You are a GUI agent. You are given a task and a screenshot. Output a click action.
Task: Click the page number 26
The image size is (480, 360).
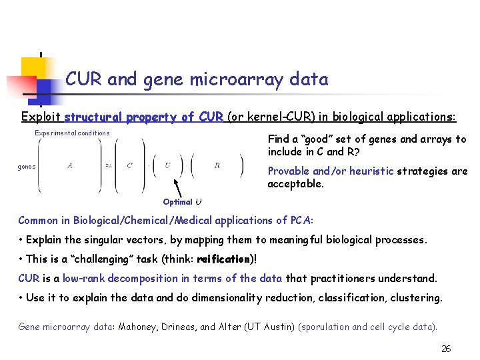click(x=446, y=349)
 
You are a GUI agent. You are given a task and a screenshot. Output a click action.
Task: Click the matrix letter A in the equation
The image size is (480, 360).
click(x=70, y=166)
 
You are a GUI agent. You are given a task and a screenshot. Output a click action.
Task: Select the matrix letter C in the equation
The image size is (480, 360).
click(x=129, y=166)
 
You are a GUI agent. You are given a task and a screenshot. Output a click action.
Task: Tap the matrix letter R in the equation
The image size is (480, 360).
click(x=217, y=165)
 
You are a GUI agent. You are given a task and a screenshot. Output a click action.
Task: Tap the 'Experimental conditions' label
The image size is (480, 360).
click(x=72, y=133)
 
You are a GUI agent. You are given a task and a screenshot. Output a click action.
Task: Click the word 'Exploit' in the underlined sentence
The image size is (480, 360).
click(x=41, y=117)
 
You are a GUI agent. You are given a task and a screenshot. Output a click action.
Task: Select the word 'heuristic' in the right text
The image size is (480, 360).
click(x=370, y=171)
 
